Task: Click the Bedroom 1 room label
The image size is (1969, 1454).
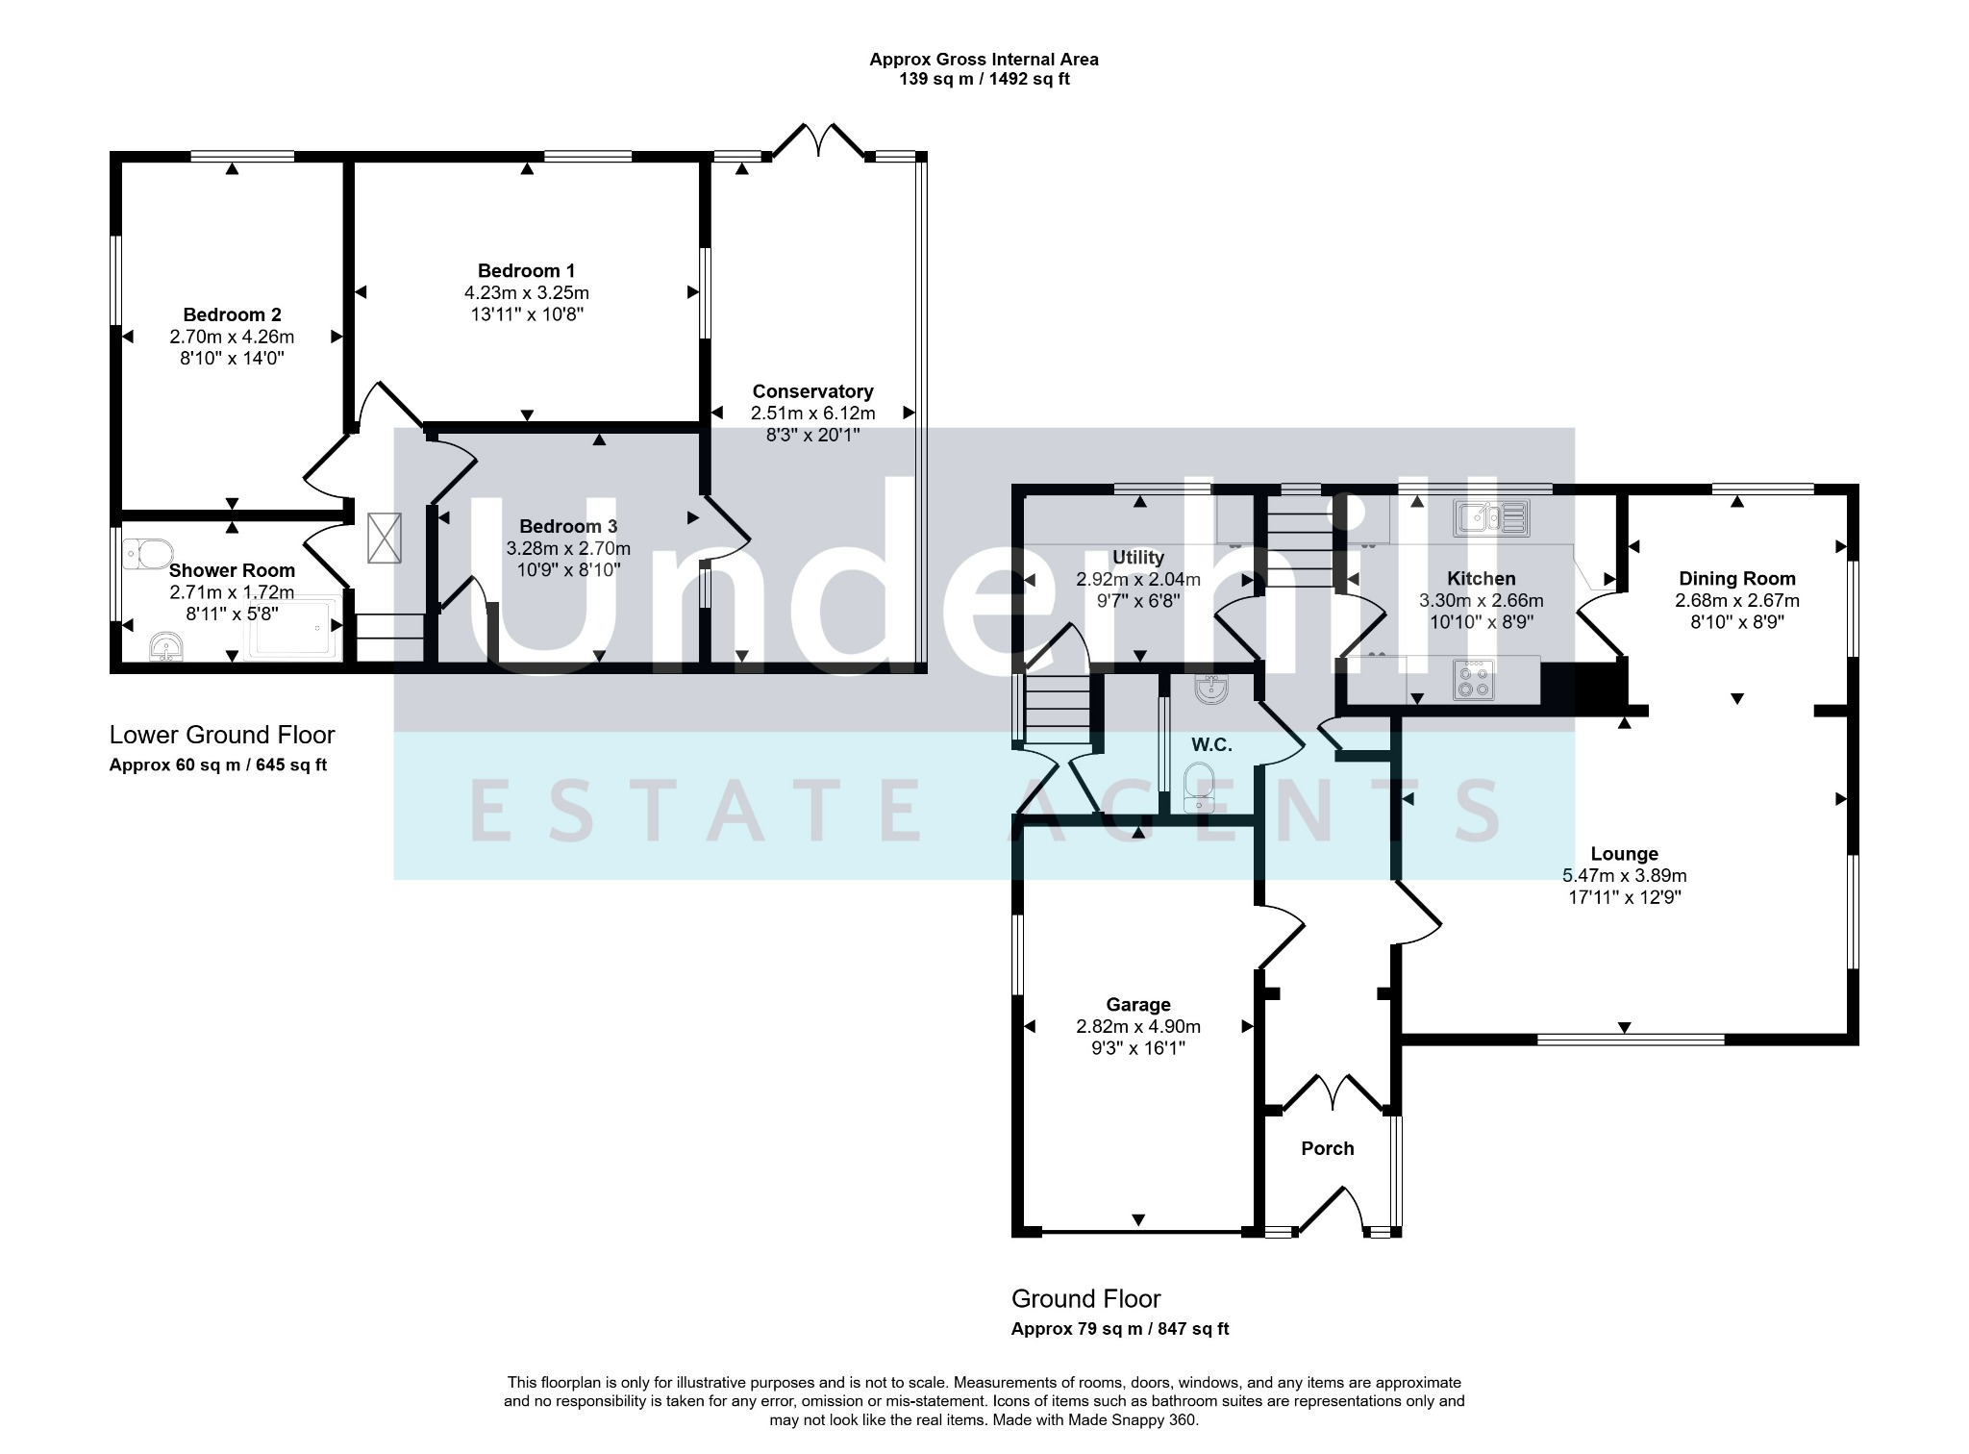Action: (x=526, y=271)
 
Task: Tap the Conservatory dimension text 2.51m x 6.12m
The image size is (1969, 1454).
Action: (x=812, y=414)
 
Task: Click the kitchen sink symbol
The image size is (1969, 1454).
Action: (x=1491, y=518)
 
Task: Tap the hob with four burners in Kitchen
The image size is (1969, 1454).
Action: (x=1473, y=679)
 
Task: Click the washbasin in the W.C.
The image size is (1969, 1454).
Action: (x=1210, y=689)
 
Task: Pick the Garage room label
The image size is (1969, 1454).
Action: (x=1137, y=1005)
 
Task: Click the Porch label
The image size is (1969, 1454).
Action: (x=1327, y=1148)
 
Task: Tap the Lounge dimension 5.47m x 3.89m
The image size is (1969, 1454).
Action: (x=1624, y=876)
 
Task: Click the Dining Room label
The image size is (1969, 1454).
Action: (x=1736, y=579)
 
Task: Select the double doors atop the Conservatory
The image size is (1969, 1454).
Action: (x=818, y=140)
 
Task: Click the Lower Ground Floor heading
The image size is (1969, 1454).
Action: (x=222, y=736)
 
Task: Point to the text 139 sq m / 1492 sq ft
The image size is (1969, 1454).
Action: (x=984, y=80)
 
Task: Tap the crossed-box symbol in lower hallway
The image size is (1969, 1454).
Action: (x=385, y=539)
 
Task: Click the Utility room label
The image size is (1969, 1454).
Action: (x=1137, y=558)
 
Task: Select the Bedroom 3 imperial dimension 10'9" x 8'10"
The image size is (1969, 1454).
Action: (x=568, y=570)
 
